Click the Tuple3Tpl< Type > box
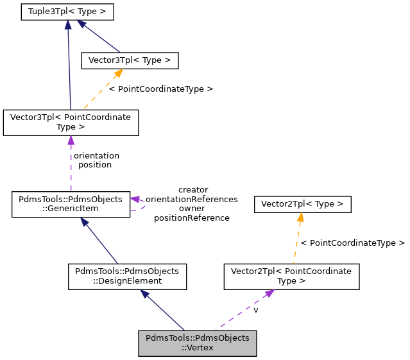67,12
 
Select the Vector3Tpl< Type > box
129,60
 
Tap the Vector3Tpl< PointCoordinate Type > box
71,123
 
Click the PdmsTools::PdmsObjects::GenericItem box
71,204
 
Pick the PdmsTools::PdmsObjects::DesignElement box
128,276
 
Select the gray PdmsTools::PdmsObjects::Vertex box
198,343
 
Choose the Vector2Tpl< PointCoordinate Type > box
291,276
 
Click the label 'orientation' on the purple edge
96,155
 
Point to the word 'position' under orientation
95,164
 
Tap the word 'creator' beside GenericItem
192,190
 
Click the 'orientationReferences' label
192,199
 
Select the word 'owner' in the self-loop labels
192,209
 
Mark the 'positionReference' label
192,218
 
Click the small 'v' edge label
255,310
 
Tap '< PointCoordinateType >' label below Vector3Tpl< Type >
160,89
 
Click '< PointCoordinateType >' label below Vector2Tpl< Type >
352,243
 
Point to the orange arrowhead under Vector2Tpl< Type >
300,218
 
